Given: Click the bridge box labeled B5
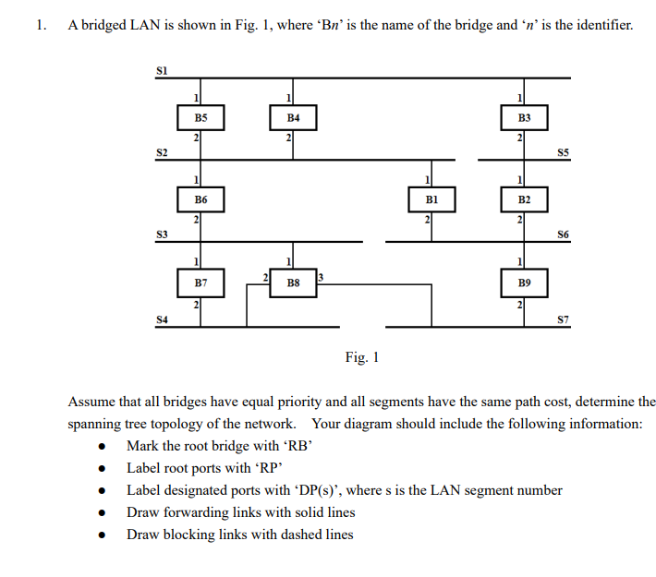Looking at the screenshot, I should coord(201,118).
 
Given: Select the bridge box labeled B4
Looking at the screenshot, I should coord(294,118).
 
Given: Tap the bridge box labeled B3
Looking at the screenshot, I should coord(525,118).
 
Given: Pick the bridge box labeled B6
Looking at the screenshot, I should coord(201,199).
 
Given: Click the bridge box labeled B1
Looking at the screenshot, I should coord(431,199).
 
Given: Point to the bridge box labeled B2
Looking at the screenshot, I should coord(525,199).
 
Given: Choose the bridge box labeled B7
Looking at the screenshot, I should coord(201,281).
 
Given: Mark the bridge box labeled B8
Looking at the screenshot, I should coord(294,281).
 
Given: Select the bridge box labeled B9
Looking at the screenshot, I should coord(525,281).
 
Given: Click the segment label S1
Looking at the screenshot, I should coord(163,69).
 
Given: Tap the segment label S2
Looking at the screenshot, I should coord(163,151).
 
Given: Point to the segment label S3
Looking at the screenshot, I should coord(163,234).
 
